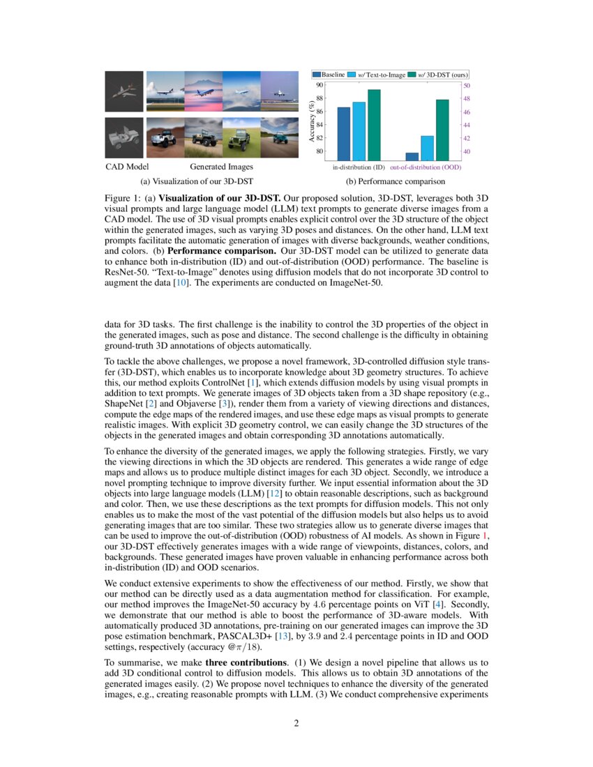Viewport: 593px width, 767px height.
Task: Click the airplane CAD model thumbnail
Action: click(123, 91)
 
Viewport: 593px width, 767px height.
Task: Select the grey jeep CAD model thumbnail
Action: click(123, 137)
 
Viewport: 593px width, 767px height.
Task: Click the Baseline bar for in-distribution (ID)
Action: click(343, 133)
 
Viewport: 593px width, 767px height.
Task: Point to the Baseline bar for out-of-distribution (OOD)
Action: click(412, 156)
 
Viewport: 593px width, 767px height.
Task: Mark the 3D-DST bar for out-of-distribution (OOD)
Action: click(442, 130)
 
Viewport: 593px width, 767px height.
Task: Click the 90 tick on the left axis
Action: click(320, 84)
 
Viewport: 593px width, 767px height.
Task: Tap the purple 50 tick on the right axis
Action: click(467, 84)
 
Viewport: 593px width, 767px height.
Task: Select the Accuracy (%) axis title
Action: click(311, 121)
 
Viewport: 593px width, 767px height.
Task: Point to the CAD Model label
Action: click(127, 167)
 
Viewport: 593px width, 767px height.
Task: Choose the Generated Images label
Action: click(221, 167)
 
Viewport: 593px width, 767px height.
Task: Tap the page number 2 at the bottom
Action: click(296, 722)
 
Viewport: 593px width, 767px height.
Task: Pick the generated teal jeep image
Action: click(280, 137)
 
